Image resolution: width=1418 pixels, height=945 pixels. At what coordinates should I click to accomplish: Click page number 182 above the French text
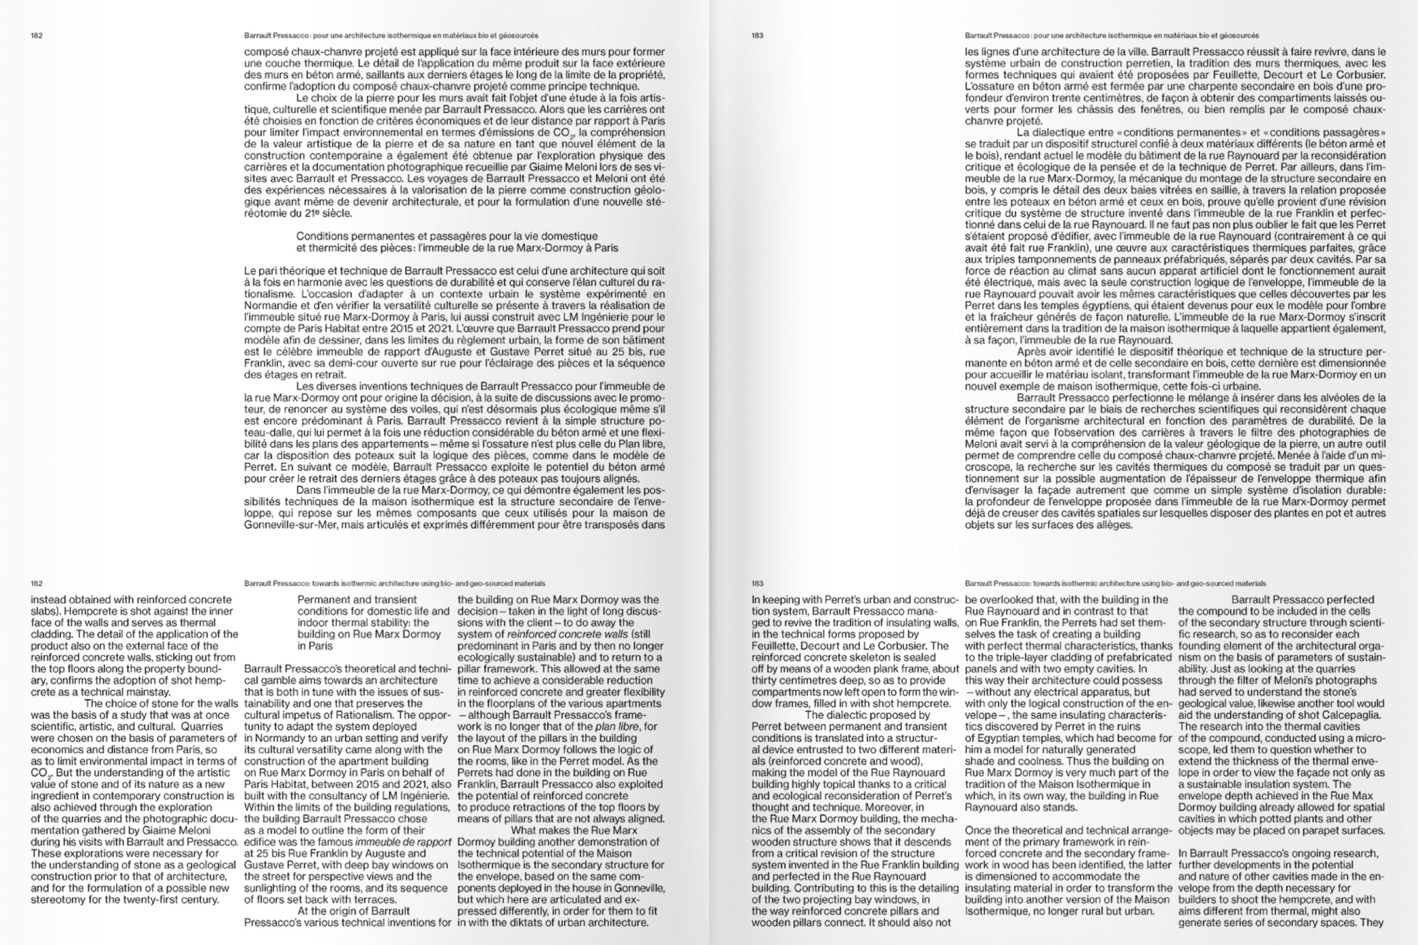37,35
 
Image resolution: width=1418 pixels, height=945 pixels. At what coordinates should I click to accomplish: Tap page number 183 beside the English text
758,583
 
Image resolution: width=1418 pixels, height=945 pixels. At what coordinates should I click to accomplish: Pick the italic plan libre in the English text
616,726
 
